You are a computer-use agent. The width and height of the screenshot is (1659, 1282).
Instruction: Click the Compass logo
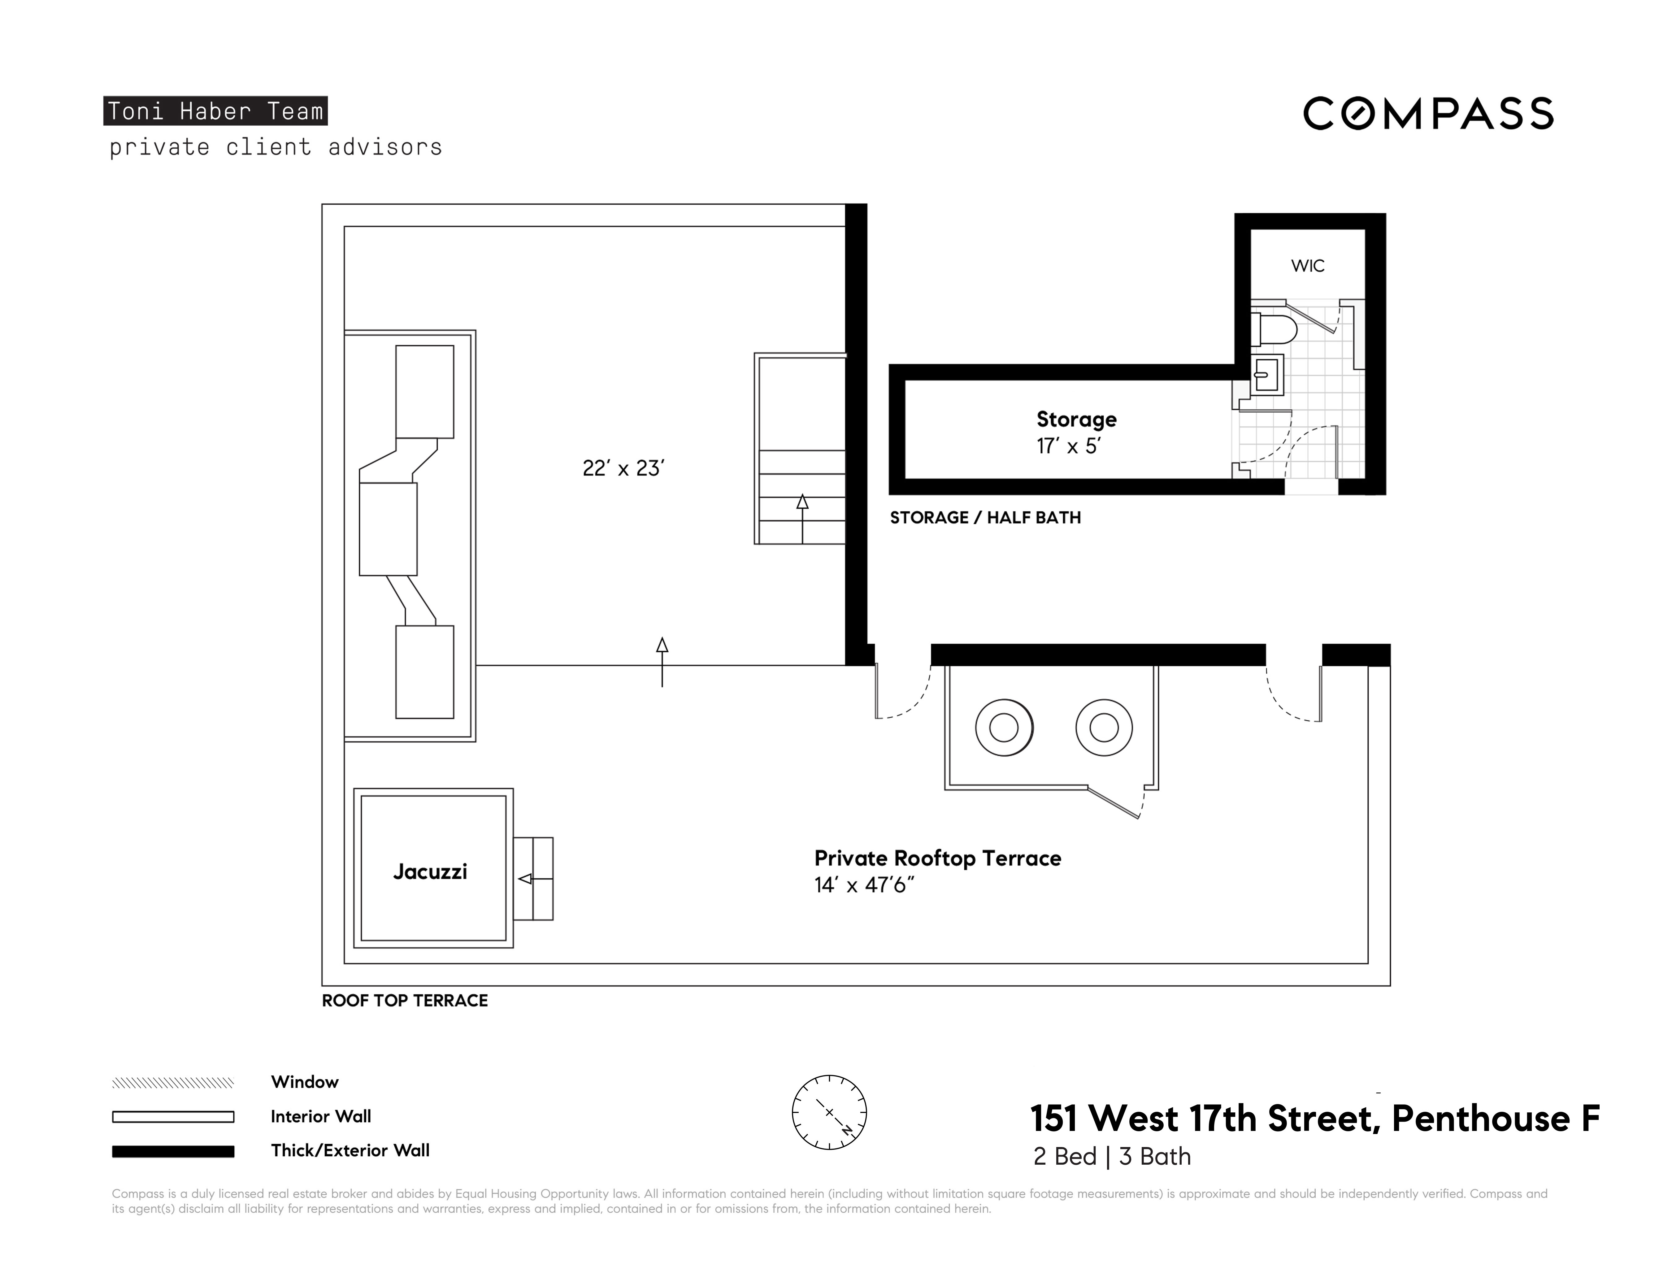click(1428, 114)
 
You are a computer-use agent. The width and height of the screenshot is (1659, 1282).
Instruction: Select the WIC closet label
click(1307, 266)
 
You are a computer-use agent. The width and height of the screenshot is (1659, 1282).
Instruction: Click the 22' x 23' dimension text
click(623, 469)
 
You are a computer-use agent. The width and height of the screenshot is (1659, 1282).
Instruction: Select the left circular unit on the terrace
click(1003, 728)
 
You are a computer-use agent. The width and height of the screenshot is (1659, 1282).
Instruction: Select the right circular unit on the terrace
click(1104, 728)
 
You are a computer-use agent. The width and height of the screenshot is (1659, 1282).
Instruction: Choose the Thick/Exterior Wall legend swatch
click(173, 1151)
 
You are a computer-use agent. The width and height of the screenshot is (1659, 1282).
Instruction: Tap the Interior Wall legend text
click(320, 1116)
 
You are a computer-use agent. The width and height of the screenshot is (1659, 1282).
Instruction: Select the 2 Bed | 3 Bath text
click(1111, 1157)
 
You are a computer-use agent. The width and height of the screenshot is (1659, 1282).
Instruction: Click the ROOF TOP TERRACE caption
click(405, 1001)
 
